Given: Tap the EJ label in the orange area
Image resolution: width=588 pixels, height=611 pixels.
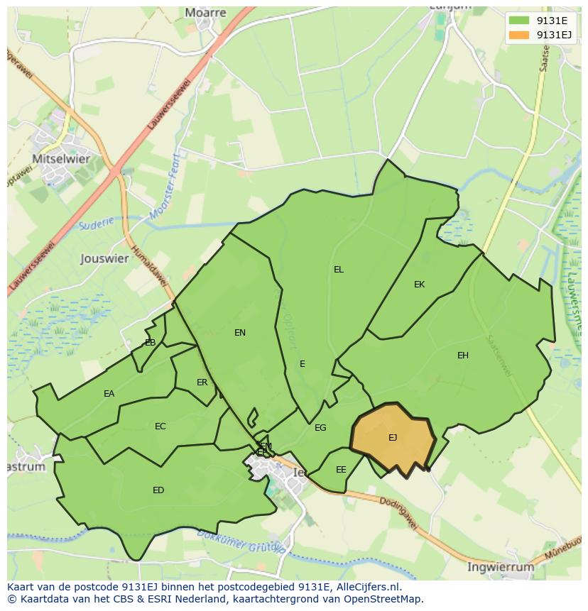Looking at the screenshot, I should (x=393, y=438).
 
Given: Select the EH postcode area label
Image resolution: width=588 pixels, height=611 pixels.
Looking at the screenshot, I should (x=463, y=356).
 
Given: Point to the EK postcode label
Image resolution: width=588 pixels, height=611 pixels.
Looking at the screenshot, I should (x=419, y=285).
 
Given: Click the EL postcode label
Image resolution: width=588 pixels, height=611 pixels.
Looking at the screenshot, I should (x=339, y=270).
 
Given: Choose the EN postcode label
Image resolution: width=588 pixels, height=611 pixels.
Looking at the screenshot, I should (x=240, y=332).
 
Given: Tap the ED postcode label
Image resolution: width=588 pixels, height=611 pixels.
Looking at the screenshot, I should (x=158, y=490).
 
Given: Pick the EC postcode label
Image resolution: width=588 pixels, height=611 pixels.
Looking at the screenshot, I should (x=160, y=426).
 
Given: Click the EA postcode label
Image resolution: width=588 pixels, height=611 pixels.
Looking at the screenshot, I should (x=109, y=394).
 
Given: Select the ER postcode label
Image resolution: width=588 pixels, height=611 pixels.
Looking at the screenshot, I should (x=202, y=382).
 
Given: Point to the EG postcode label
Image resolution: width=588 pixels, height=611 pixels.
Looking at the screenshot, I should (x=320, y=428).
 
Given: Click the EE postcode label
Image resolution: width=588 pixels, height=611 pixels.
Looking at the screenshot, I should (x=341, y=470).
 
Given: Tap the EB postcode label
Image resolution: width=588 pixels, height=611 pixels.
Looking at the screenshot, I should (x=151, y=343).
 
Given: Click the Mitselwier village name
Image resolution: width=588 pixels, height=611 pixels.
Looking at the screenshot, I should (x=61, y=159).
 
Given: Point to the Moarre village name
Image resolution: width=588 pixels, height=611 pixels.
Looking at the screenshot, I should (x=205, y=13).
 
